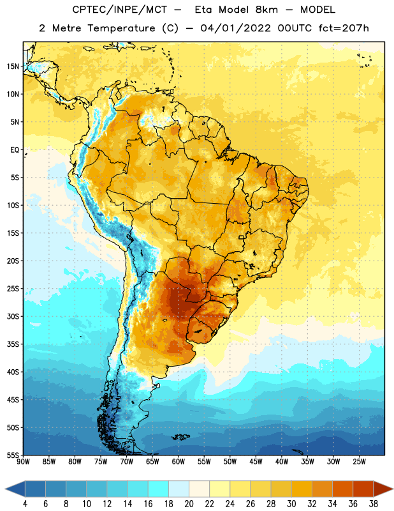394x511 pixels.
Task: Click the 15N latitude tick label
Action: pyautogui.click(x=13, y=66)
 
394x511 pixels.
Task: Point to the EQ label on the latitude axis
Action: pyautogui.click(x=15, y=150)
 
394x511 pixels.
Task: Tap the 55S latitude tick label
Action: pyautogui.click(x=13, y=455)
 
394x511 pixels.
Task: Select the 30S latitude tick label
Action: pyautogui.click(x=13, y=316)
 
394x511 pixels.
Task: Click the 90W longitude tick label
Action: pyautogui.click(x=23, y=461)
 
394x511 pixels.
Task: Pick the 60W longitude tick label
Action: pyautogui.click(x=179, y=461)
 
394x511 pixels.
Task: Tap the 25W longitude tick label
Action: pyautogui.click(x=359, y=461)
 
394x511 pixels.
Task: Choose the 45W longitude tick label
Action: pyautogui.click(x=256, y=461)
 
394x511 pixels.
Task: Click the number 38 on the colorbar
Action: pyautogui.click(x=374, y=504)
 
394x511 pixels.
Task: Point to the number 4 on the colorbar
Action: pyautogui.click(x=25, y=504)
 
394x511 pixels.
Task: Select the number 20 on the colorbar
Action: pyautogui.click(x=189, y=504)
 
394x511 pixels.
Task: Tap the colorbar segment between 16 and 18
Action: pyautogui.click(x=159, y=489)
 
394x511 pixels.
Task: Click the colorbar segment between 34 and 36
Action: pyautogui.click(x=343, y=489)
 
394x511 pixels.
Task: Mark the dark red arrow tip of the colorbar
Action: pyautogui.click(x=393, y=489)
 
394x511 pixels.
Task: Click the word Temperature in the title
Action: pyautogui.click(x=121, y=28)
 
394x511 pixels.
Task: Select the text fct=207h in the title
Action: pyautogui.click(x=344, y=28)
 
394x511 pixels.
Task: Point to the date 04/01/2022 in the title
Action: pyautogui.click(x=235, y=28)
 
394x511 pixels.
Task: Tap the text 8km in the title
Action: pyautogui.click(x=266, y=10)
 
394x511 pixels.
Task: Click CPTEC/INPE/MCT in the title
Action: pyautogui.click(x=119, y=10)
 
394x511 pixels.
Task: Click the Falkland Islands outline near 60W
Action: pyautogui.click(x=180, y=437)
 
